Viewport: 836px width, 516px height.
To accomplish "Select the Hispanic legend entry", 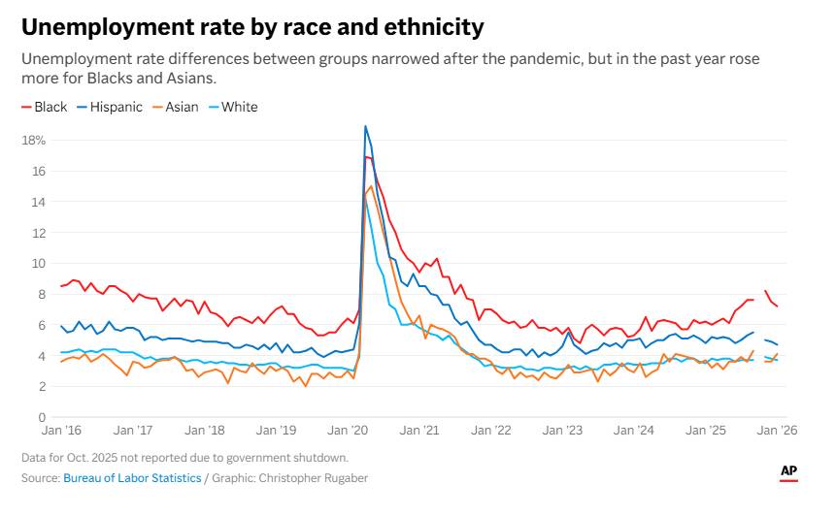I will [x=116, y=107].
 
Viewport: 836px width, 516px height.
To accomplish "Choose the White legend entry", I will [x=239, y=107].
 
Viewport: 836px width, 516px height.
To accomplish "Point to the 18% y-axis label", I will [x=34, y=140].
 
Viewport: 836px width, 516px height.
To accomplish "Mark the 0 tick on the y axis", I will [x=41, y=417].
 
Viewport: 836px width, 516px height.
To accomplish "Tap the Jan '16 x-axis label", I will [x=61, y=430].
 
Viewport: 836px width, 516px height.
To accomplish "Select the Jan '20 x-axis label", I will [x=346, y=430].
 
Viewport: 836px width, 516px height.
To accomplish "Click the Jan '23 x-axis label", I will [x=560, y=430].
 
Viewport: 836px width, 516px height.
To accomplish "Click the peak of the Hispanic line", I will [x=365, y=126].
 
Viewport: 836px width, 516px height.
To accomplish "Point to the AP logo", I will [x=789, y=472].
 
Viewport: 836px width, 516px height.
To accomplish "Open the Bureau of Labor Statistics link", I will [x=132, y=478].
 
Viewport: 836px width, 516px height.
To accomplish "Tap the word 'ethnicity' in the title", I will [x=426, y=26].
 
